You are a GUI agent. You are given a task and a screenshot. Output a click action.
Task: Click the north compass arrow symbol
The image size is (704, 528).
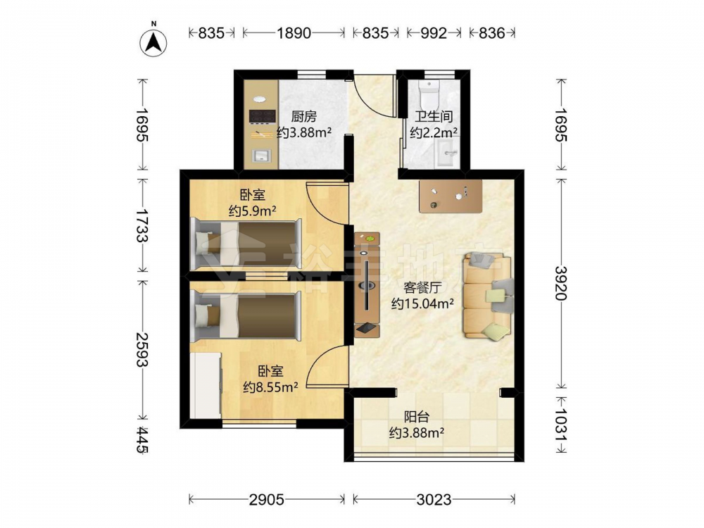[x=153, y=42]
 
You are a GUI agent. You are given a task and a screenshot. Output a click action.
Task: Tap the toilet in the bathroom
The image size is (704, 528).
[x=429, y=92]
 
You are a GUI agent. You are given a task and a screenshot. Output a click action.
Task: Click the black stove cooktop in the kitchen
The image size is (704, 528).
[x=262, y=117]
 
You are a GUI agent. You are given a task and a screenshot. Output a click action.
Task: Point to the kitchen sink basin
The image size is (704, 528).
[x=261, y=156]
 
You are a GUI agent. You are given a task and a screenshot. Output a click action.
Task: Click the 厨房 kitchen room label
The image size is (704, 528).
[x=304, y=117]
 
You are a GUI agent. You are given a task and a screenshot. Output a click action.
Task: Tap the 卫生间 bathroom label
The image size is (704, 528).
[x=433, y=117]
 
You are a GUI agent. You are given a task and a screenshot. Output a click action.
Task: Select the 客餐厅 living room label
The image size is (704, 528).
[x=422, y=288]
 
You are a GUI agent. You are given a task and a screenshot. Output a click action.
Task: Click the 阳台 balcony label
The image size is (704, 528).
[x=416, y=417]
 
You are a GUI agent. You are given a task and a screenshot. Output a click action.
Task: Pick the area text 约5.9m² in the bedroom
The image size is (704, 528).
[x=252, y=210]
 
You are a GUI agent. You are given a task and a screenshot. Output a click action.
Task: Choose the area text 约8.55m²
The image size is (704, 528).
[x=270, y=387]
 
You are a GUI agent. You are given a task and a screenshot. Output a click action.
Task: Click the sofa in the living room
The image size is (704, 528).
[x=488, y=296]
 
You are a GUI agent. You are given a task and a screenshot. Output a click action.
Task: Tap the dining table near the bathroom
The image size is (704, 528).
[x=451, y=196]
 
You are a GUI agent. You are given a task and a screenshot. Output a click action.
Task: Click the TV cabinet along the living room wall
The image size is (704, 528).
[x=367, y=284]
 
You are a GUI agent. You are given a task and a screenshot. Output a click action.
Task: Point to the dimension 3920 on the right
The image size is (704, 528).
[x=562, y=283]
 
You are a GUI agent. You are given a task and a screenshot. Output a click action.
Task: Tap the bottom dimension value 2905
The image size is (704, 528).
[x=267, y=499]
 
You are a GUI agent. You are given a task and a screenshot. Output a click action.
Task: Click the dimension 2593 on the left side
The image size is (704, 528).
[x=142, y=349]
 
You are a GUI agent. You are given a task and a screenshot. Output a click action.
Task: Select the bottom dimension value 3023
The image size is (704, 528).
[x=434, y=499]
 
